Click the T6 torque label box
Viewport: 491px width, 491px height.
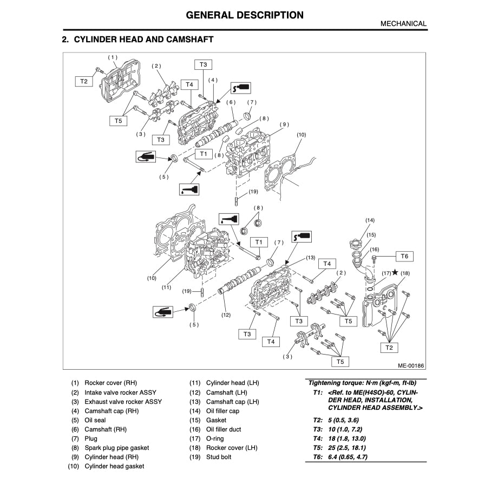404,256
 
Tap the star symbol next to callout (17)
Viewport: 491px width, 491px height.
395,273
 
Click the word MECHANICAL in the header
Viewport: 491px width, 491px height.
403,24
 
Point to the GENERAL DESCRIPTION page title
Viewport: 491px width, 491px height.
245,15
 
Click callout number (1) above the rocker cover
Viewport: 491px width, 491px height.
112,57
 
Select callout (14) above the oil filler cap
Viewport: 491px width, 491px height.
370,220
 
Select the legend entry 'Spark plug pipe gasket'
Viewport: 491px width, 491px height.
116,448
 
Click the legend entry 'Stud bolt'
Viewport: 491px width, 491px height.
219,457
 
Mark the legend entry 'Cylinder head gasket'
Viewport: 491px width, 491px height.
114,466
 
